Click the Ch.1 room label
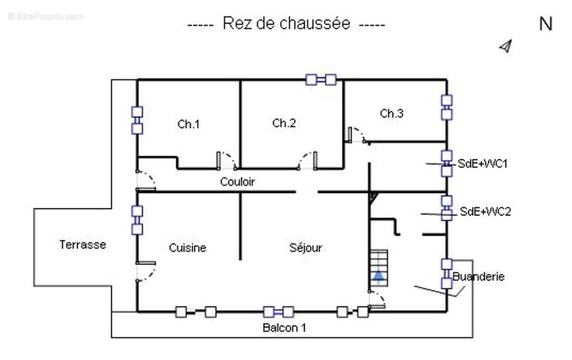pyautogui.click(x=189, y=124)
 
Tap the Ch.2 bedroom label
pyautogui.click(x=284, y=123)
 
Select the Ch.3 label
pyautogui.click(x=391, y=113)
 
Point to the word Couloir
pyautogui.click(x=237, y=182)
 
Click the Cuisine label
pyautogui.click(x=188, y=248)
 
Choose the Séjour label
pyautogui.click(x=306, y=248)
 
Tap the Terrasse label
pyautogui.click(x=83, y=245)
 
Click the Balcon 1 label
pyautogui.click(x=285, y=328)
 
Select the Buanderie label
pyautogui.click(x=479, y=277)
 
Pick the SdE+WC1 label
pyautogui.click(x=483, y=164)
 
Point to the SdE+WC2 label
pyautogui.click(x=485, y=212)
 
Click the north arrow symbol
pyautogui.click(x=505, y=46)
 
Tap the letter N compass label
pyautogui.click(x=545, y=24)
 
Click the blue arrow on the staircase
pyautogui.click(x=378, y=275)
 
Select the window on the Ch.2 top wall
pyautogui.click(x=321, y=79)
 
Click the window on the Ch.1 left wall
pyautogui.click(x=137, y=120)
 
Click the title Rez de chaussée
pyautogui.click(x=286, y=23)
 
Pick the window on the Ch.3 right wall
pyautogui.click(x=447, y=108)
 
